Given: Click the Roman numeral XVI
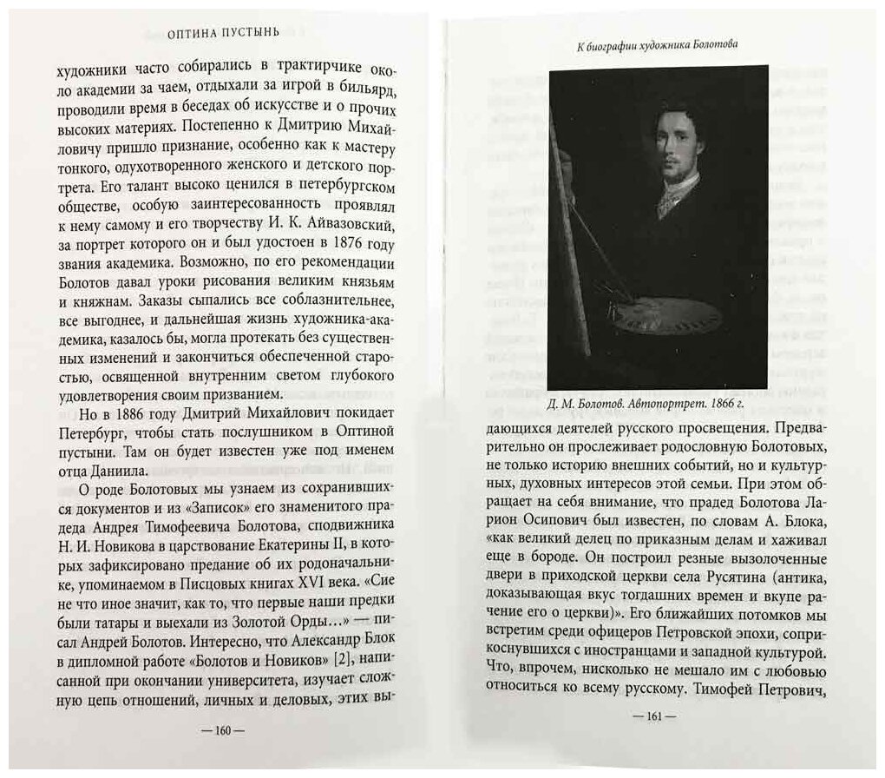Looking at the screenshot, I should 328,575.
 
